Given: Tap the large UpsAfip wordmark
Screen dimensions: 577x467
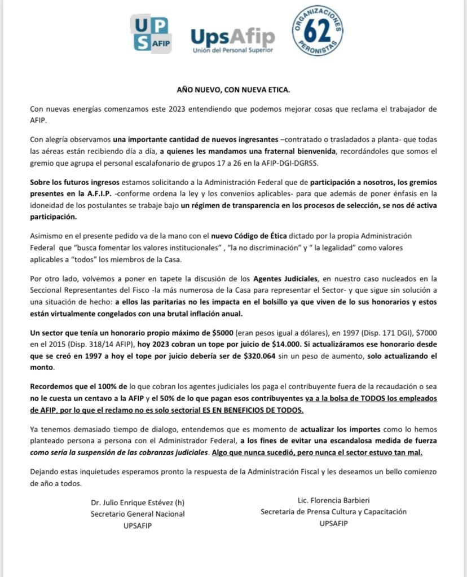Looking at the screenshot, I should click(x=232, y=37).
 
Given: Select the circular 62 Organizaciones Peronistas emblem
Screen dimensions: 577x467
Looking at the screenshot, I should click(x=318, y=31).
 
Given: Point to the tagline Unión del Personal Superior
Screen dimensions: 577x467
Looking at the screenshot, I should click(x=232, y=51).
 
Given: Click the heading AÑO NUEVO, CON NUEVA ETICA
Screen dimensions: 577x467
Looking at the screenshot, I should click(x=233, y=89).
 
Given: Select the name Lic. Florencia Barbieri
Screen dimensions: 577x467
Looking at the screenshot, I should click(x=333, y=500).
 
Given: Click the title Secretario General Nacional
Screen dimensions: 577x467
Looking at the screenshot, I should click(x=138, y=514).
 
